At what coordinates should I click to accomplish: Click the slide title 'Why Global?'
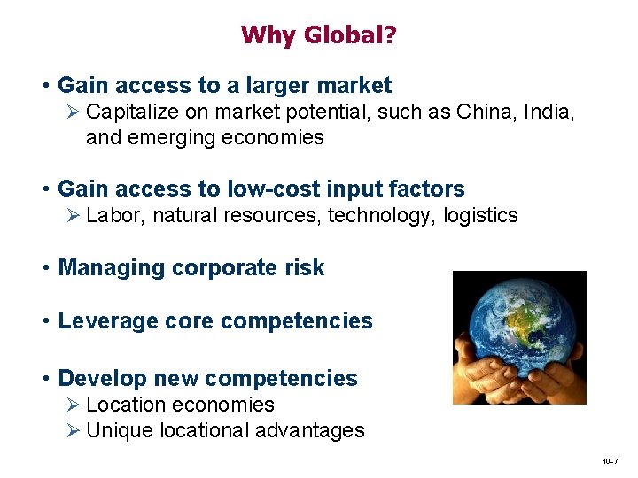pyautogui.click(x=318, y=35)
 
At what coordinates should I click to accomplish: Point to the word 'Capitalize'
pyautogui.click(x=131, y=112)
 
